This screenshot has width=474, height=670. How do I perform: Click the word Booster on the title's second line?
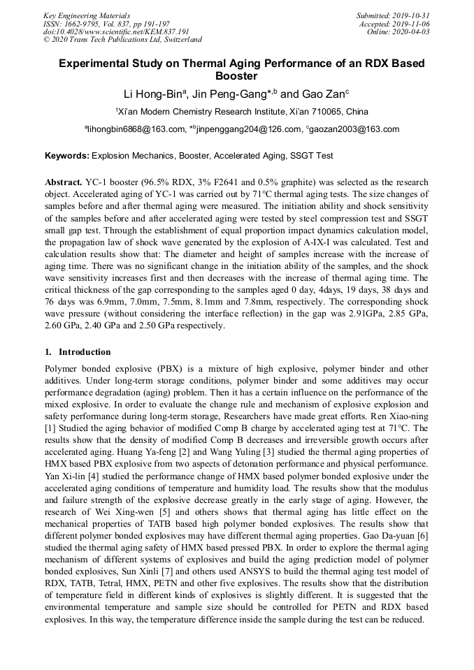coord(236,75)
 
